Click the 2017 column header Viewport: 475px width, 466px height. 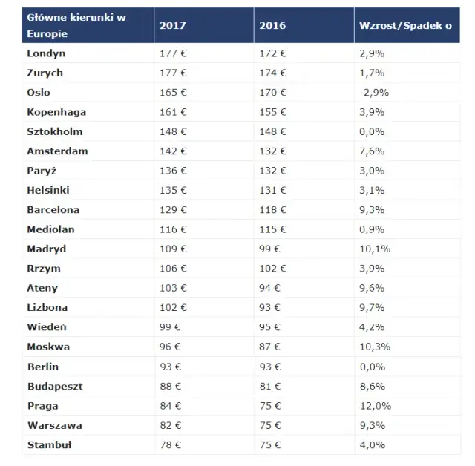point(173,25)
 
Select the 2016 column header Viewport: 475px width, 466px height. point(273,25)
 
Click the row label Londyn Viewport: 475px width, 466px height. point(46,54)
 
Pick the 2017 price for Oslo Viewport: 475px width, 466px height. point(173,93)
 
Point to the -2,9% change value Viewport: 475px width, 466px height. point(374,93)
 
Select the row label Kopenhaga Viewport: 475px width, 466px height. point(56,112)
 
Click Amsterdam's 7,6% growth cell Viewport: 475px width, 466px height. point(372,151)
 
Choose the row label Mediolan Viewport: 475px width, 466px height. point(50,229)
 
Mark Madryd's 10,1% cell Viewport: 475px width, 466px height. point(375,249)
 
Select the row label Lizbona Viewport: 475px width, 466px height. point(47,307)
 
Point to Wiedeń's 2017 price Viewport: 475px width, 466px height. point(170,327)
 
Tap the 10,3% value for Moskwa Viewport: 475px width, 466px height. point(375,347)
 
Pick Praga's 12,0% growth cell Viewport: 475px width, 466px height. point(375,406)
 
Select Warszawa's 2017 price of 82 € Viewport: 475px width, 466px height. point(170,425)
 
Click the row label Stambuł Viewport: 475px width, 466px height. point(49,445)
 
